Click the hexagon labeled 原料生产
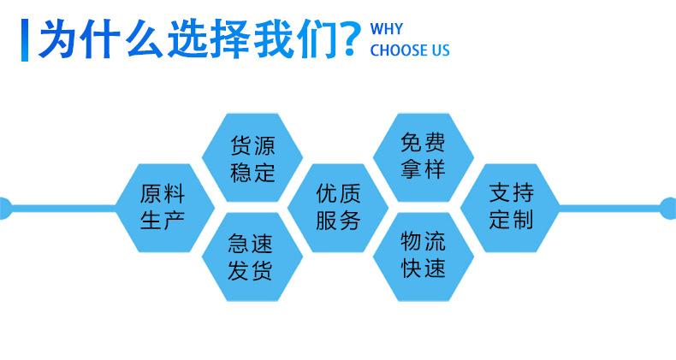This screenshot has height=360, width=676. [x=165, y=208]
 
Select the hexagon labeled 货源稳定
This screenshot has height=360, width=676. [x=252, y=157]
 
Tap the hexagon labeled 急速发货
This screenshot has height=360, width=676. [x=252, y=257]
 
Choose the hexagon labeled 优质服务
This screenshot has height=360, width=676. [x=338, y=208]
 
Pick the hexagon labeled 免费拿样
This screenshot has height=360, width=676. [x=424, y=157]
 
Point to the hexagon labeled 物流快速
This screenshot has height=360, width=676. [x=424, y=257]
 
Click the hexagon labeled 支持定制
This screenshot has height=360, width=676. [x=511, y=208]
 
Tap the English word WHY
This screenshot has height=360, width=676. [x=386, y=29]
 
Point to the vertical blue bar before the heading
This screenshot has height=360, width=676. [x=25, y=40]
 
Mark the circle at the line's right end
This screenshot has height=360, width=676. [x=668, y=208]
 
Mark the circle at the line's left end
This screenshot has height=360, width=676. [x=5, y=208]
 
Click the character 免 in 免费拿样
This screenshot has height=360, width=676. [x=411, y=143]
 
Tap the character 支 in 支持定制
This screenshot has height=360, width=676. [x=500, y=192]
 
